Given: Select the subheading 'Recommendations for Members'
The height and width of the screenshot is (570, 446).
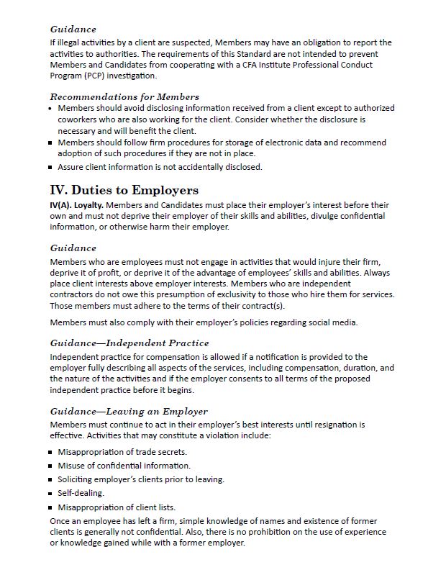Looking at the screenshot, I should [124, 96].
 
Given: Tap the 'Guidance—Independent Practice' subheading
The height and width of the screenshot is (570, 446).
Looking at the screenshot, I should [129, 343].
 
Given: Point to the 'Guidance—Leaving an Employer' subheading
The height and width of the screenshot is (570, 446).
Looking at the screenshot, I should [129, 411].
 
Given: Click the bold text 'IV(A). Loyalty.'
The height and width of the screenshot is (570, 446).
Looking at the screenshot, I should [78, 205].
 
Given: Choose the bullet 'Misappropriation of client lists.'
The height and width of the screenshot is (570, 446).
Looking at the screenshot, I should [116, 507].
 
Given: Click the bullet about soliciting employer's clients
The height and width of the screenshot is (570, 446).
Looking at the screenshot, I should [140, 479].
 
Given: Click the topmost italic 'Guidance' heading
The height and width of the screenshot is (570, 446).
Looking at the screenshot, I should [73, 30].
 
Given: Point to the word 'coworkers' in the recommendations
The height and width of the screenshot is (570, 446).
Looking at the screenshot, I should [79, 119].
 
